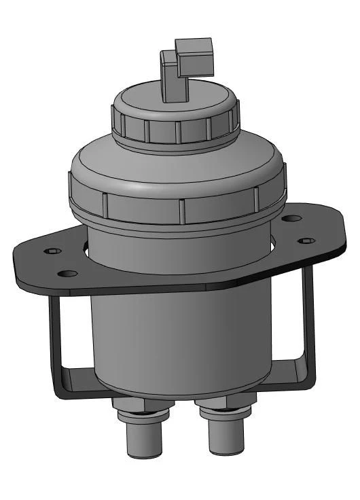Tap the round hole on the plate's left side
pyautogui.click(x=67, y=274)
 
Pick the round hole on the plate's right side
pyautogui.click(x=292, y=219)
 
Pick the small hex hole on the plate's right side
pyautogui.click(x=307, y=240)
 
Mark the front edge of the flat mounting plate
pyautogui.click(x=170, y=288)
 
